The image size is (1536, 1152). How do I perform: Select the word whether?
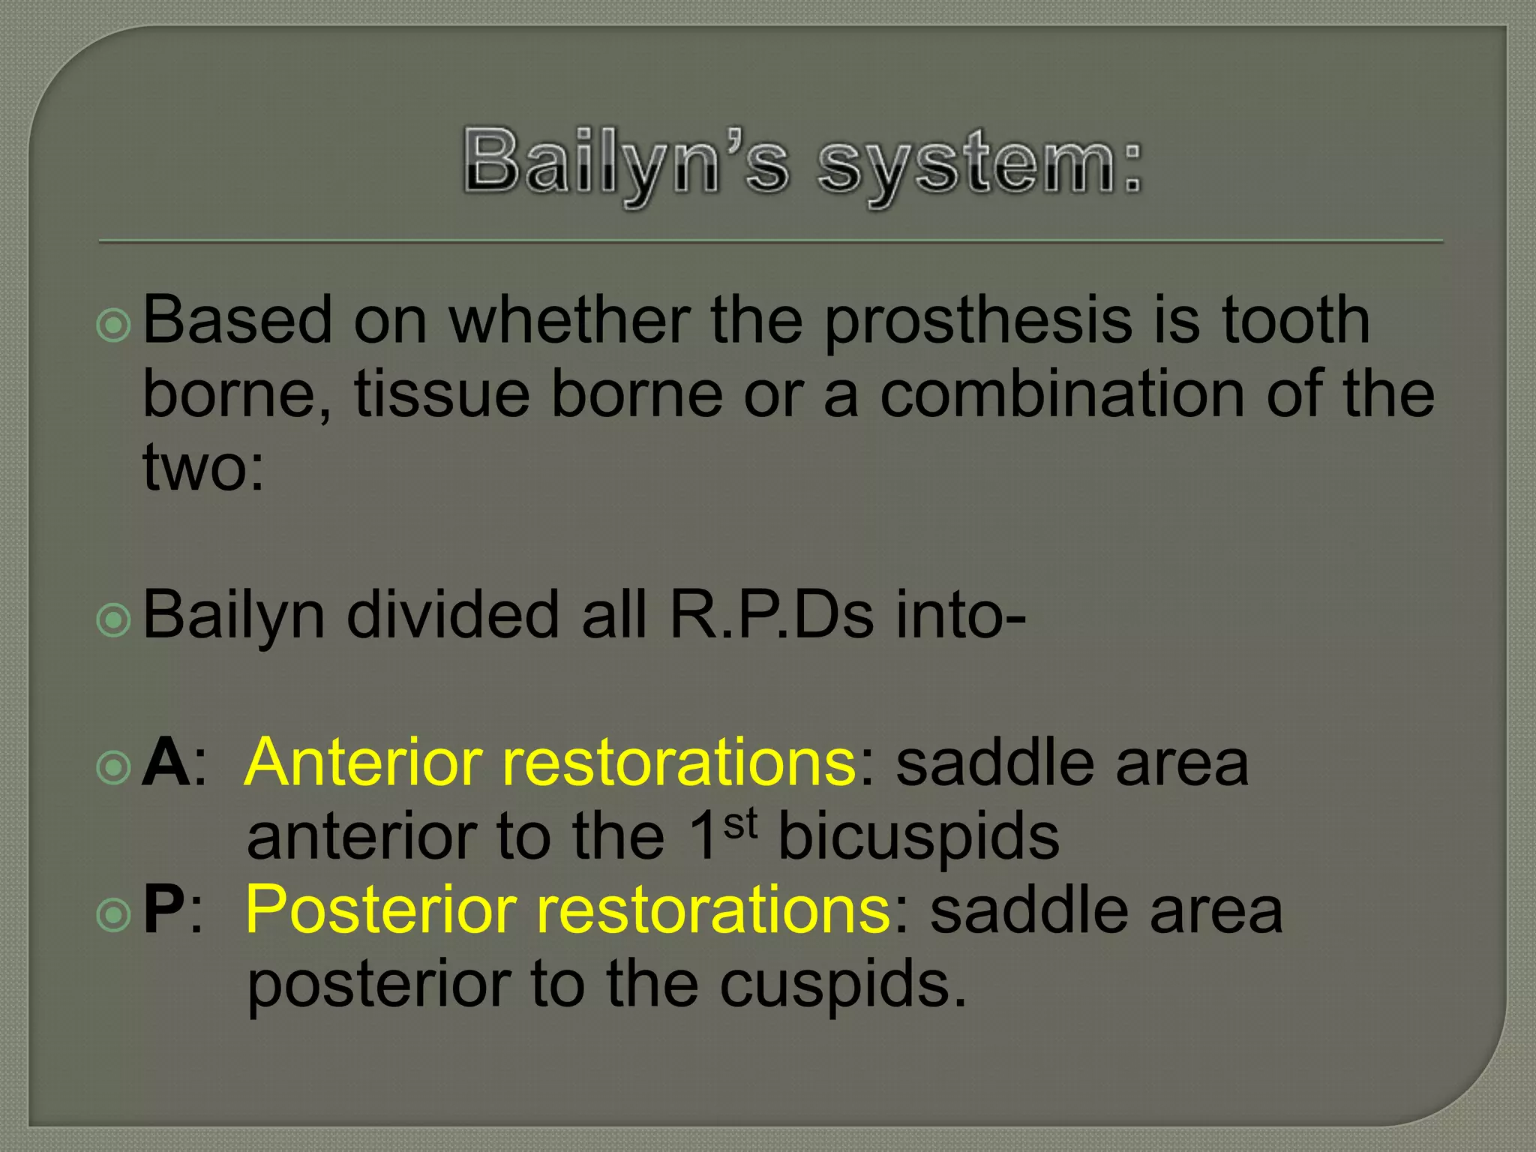click(x=569, y=321)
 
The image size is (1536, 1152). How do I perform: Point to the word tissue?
click(x=442, y=394)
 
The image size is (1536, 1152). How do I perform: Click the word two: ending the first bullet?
click(x=203, y=468)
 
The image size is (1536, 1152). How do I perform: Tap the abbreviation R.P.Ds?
click(x=772, y=615)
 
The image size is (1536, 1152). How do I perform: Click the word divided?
click(x=454, y=615)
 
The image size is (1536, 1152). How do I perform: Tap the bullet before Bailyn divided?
click(x=114, y=619)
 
